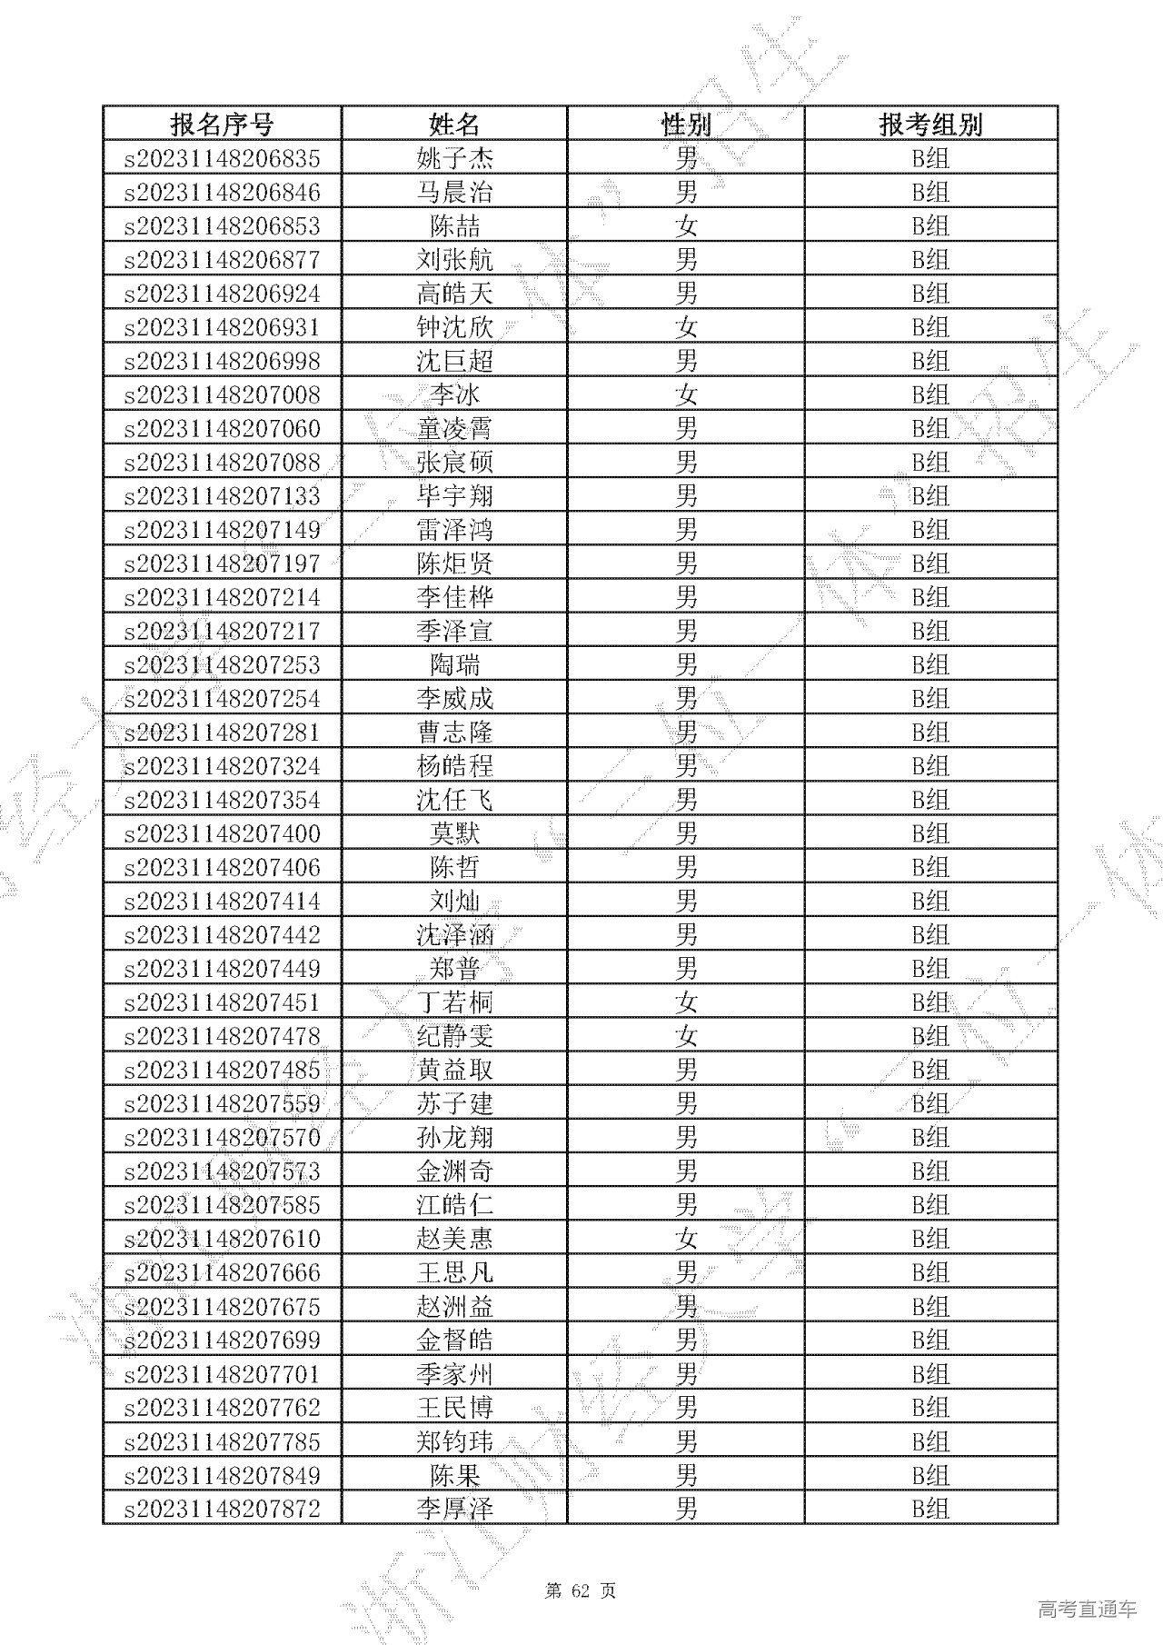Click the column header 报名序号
click(x=222, y=125)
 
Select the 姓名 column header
click(x=454, y=125)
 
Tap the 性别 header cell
click(x=686, y=125)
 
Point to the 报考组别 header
click(x=930, y=125)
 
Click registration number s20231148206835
click(x=222, y=159)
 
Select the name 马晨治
click(x=454, y=193)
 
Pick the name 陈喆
click(x=454, y=226)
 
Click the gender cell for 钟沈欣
click(x=686, y=327)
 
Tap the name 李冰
click(x=454, y=394)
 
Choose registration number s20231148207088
click(x=222, y=463)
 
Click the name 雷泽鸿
click(x=454, y=530)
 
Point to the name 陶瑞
click(x=454, y=664)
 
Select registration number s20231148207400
click(x=222, y=833)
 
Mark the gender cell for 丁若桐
click(x=686, y=1002)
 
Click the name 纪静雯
click(x=454, y=1036)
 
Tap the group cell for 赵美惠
click(x=930, y=1239)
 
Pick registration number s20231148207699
click(x=222, y=1340)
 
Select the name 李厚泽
click(x=454, y=1510)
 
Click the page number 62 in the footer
click(x=581, y=1591)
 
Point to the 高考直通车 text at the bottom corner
click(x=1087, y=1609)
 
